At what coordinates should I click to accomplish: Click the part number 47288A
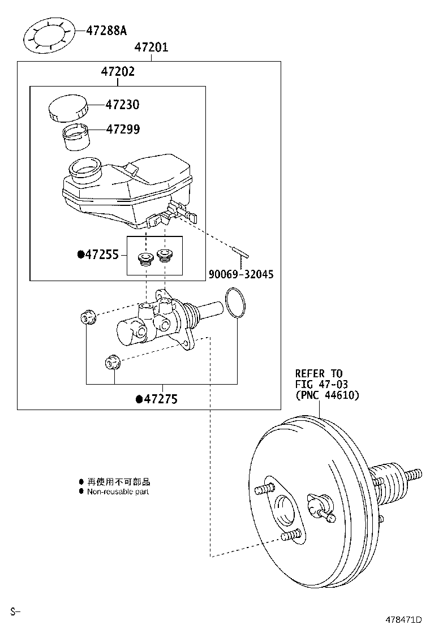[106, 30]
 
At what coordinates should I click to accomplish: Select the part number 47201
[151, 48]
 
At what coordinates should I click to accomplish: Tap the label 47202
[118, 72]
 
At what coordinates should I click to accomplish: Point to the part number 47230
[122, 105]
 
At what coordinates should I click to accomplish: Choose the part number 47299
[123, 130]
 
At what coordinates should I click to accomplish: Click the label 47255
[102, 255]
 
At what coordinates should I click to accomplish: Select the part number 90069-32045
[241, 274]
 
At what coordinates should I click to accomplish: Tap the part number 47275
[161, 399]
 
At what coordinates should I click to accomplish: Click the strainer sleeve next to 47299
[75, 136]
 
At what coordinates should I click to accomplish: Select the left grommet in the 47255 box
[146, 260]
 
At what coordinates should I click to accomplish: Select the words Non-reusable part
[118, 492]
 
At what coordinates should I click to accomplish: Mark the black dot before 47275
[139, 399]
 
